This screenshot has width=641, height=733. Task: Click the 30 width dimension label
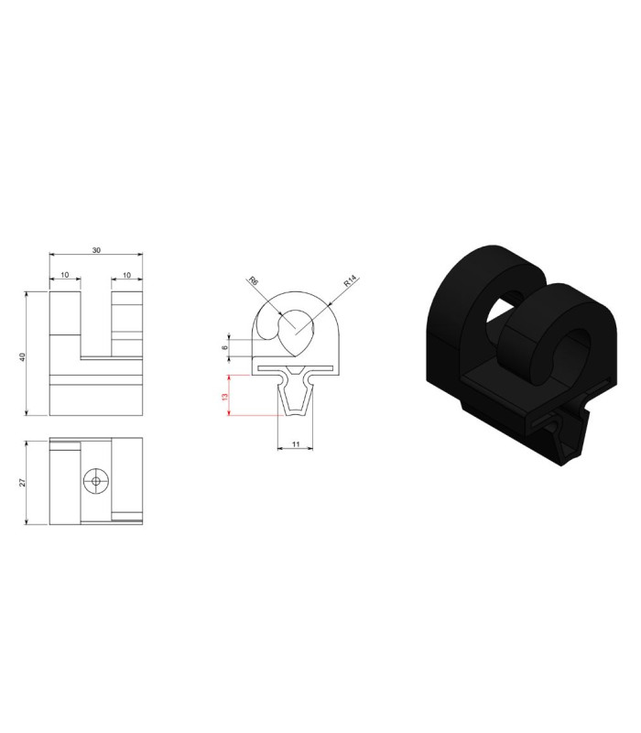click(96, 250)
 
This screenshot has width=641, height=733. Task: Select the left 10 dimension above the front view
click(65, 275)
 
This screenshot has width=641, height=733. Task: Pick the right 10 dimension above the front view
click(126, 276)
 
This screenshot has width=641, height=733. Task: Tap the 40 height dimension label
click(22, 356)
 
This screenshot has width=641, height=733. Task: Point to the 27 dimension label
click(22, 483)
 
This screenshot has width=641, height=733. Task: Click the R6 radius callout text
click(254, 281)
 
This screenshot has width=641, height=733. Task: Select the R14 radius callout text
click(350, 281)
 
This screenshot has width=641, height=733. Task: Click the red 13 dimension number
click(224, 397)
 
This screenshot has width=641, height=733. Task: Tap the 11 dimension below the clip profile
click(295, 444)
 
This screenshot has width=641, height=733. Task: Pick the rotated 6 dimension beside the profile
click(224, 348)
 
